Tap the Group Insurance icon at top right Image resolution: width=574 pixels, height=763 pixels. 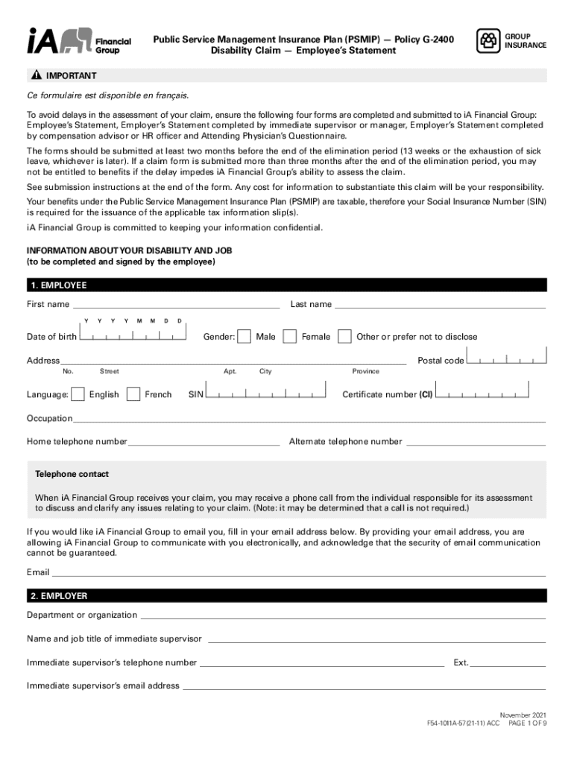[488, 40]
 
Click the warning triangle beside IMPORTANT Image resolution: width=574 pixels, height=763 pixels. [35, 76]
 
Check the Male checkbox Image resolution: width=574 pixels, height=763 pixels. [244, 337]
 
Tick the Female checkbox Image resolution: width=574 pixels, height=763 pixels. [290, 337]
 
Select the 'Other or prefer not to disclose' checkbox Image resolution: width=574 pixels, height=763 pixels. [344, 337]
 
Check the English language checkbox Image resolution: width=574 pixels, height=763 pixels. [77, 394]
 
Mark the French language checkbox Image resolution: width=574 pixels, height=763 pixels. [133, 394]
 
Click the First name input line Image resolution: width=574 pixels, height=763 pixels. [176, 304]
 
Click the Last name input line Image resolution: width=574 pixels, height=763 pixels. [440, 304]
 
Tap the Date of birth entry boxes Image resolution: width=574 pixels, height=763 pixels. [132, 335]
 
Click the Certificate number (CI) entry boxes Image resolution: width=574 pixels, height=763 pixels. [482, 393]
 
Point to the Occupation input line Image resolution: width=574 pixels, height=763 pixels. [309, 420]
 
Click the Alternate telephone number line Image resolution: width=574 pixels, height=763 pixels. [476, 443]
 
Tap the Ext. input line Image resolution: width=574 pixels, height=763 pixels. [508, 663]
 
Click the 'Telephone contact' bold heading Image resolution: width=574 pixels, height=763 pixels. [72, 474]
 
